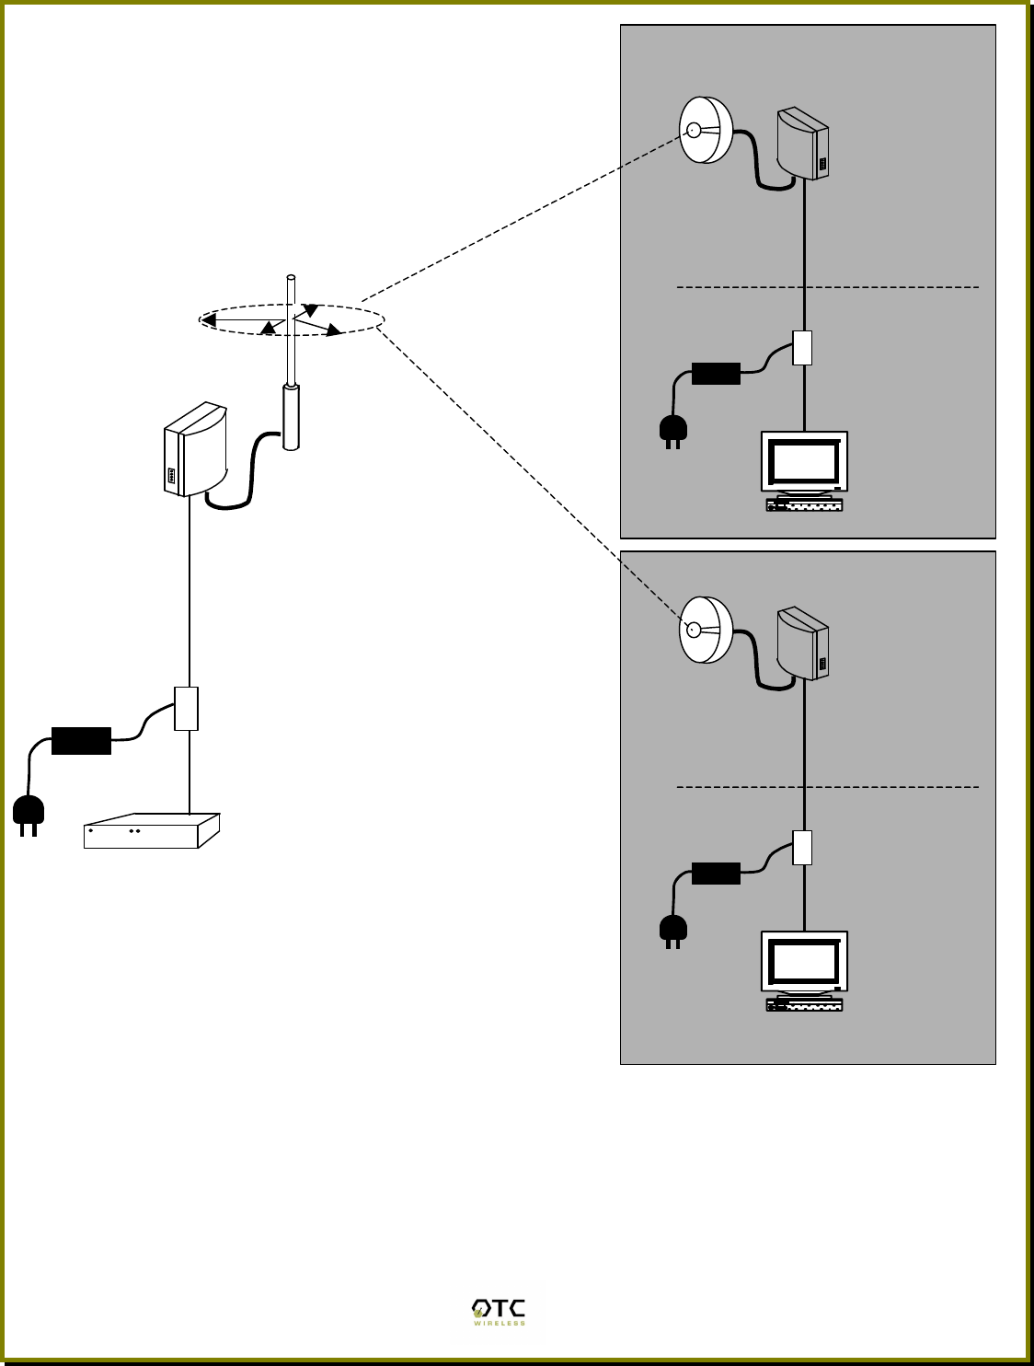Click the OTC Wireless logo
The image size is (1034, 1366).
498,1312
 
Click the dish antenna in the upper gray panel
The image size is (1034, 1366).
706,131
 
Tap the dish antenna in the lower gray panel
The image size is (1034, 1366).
706,631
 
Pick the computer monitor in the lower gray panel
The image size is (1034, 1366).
804,963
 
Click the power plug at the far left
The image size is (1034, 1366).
29,813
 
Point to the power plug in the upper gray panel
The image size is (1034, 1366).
673,430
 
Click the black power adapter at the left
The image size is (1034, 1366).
81,741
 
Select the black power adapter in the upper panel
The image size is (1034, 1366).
716,374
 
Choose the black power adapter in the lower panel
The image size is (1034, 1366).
716,873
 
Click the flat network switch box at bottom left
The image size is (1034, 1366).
151,831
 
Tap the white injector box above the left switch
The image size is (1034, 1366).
187,708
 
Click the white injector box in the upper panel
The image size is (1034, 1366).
802,348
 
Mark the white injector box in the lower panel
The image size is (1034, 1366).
802,847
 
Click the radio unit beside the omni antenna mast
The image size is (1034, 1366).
195,450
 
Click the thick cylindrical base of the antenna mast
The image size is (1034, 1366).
292,418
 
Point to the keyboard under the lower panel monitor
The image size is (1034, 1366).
804,1005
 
